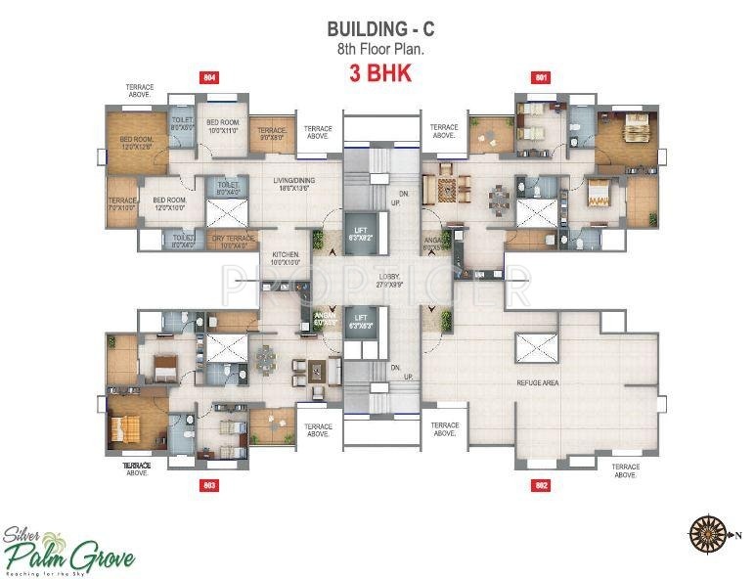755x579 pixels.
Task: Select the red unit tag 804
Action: tap(207, 77)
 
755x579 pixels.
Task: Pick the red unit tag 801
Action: tap(540, 77)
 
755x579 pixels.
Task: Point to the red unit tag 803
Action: tap(207, 485)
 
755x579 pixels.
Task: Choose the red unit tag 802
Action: tap(540, 485)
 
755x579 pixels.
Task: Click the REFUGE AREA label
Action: tap(537, 382)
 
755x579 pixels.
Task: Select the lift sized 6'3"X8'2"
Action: tap(361, 231)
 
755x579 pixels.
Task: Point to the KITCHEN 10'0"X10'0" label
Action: tap(284, 257)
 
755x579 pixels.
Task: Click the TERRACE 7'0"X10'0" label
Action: tap(122, 203)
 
